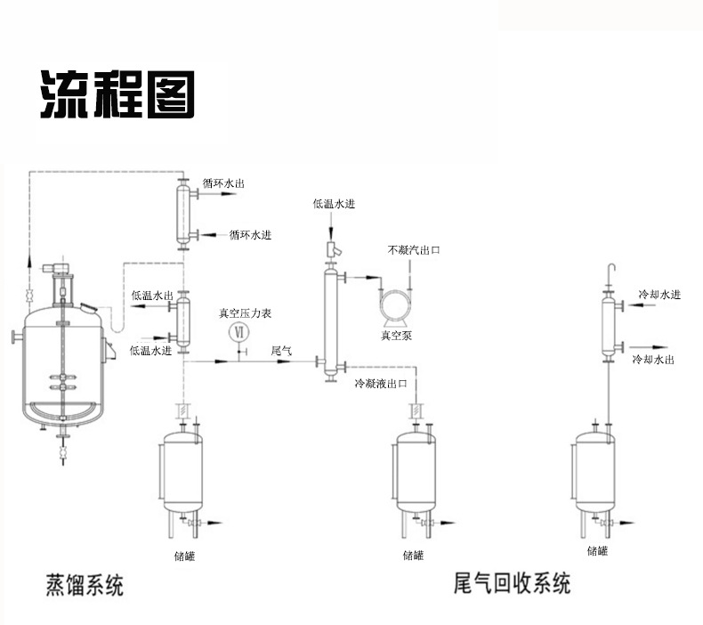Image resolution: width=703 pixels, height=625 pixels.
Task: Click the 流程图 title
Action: [117, 94]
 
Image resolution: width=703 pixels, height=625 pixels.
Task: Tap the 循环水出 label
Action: [223, 183]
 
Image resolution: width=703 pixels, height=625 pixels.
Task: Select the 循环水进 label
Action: [250, 235]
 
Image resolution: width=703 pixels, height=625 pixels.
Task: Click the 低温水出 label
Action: [152, 296]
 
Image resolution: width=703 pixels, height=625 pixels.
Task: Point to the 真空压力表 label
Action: [245, 313]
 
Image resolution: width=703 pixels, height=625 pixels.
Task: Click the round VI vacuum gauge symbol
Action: [239, 332]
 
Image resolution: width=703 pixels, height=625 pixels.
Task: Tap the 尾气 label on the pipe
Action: [281, 351]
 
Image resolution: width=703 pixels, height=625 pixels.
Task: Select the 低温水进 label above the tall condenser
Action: [334, 204]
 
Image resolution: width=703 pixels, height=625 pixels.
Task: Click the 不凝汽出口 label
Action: [414, 250]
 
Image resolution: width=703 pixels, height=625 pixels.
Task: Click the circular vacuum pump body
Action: [395, 305]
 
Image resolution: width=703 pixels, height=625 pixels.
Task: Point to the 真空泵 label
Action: [396, 335]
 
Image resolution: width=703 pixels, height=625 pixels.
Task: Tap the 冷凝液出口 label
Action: [381, 383]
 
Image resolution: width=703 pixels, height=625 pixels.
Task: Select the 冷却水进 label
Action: [659, 295]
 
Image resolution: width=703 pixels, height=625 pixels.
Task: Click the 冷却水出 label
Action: [653, 359]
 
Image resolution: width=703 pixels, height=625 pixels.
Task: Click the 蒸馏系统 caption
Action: [85, 585]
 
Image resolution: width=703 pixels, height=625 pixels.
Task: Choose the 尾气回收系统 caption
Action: [512, 583]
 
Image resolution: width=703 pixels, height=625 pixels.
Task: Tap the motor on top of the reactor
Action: [55, 268]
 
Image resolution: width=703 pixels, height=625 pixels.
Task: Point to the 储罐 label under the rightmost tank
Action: [597, 550]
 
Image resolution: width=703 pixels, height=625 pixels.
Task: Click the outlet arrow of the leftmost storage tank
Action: [211, 524]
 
